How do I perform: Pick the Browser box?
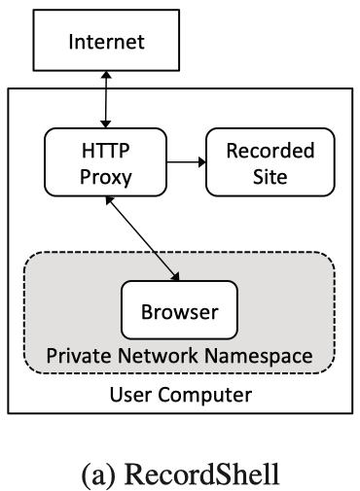point(178,313)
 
